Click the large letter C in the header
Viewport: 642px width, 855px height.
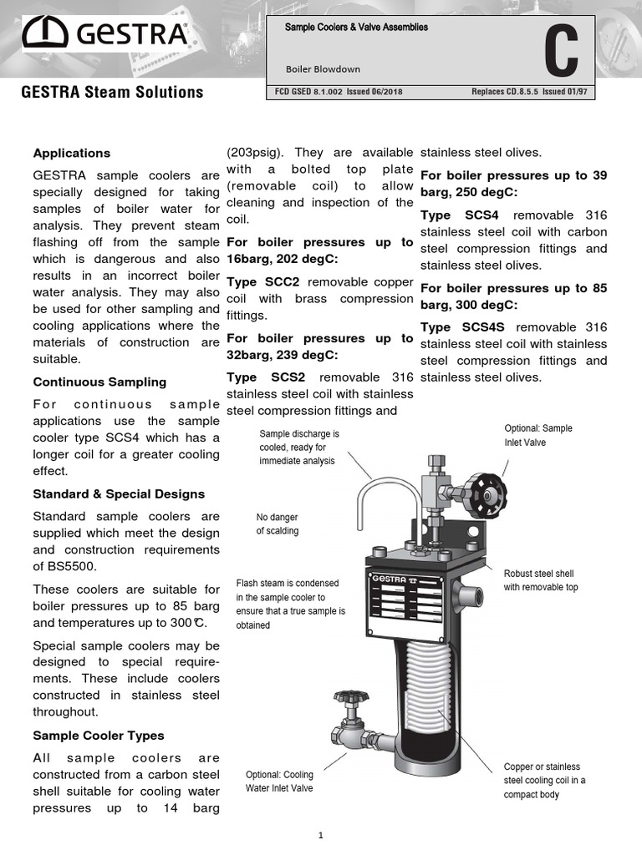[560, 52]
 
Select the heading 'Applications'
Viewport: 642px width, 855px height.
[71, 154]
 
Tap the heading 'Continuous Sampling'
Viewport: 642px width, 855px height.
[99, 382]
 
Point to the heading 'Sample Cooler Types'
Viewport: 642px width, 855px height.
[98, 736]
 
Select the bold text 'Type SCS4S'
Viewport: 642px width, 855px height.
[461, 327]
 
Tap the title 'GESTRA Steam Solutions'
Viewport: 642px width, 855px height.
[112, 92]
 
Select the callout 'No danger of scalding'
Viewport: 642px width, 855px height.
[277, 524]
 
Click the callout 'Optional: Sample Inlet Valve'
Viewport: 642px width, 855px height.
[538, 435]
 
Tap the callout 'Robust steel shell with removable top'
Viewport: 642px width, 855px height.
[540, 580]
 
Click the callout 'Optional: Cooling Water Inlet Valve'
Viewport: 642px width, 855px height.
[278, 781]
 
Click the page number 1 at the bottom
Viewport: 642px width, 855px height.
[321, 835]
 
